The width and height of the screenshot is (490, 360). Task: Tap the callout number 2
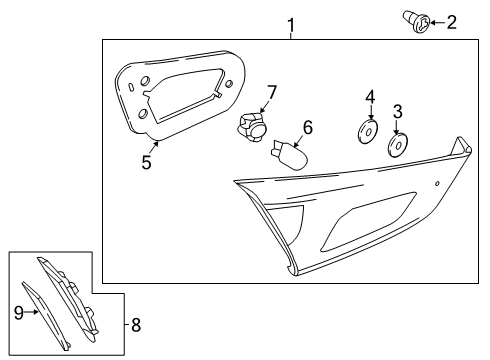coord(451,21)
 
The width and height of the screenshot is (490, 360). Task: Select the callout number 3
coord(397,112)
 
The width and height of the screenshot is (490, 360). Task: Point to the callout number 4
coord(368,98)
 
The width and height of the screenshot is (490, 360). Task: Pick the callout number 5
coord(147,161)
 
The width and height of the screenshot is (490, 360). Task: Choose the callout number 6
coord(308,127)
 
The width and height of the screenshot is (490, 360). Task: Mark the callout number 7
coord(269,93)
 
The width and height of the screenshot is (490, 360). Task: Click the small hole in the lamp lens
coord(437,187)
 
